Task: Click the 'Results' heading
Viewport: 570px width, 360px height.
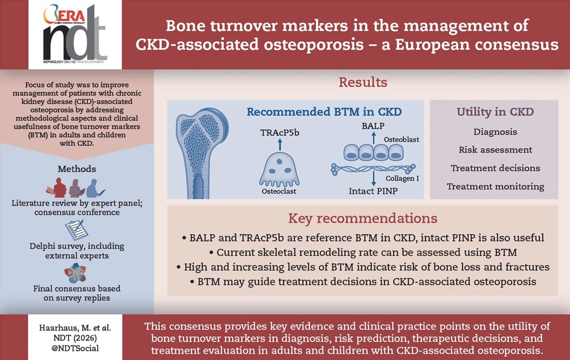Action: coord(363,82)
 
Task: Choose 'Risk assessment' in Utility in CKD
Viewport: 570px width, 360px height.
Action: coord(495,150)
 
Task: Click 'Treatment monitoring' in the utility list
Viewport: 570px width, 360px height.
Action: coord(495,187)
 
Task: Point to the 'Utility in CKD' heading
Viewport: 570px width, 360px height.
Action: coord(495,112)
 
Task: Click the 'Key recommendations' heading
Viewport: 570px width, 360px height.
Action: coord(363,218)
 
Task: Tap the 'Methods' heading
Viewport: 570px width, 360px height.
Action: coord(77,169)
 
